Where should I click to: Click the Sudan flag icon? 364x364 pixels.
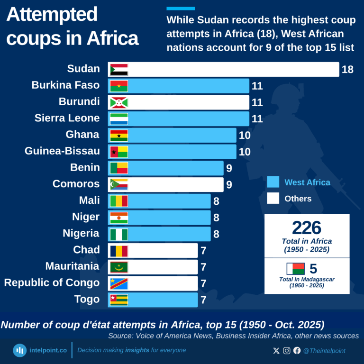tap(119, 69)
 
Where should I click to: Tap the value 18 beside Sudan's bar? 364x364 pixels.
tap(347, 70)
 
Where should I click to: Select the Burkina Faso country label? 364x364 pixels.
tap(65, 85)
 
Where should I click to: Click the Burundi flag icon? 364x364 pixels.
tap(119, 102)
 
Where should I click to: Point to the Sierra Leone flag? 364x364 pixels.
tap(119, 118)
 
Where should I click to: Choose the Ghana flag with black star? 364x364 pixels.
tap(119, 135)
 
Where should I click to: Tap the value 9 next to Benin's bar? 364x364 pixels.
tap(229, 168)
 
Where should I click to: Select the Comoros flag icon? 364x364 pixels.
tap(119, 184)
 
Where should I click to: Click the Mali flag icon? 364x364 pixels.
tap(119, 201)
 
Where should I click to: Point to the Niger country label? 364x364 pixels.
tap(86, 217)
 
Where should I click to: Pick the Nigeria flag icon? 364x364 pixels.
tap(119, 234)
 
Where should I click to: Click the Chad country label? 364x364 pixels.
tap(86, 250)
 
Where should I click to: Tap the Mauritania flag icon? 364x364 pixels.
tap(119, 267)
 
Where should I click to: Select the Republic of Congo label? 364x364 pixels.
tap(52, 283)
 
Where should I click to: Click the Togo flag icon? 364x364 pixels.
tap(119, 300)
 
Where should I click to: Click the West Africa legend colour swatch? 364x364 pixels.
tap(273, 182)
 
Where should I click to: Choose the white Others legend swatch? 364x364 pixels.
tap(273, 199)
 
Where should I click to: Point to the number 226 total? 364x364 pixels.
tap(307, 228)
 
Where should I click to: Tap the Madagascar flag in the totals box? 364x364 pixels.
tap(295, 269)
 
